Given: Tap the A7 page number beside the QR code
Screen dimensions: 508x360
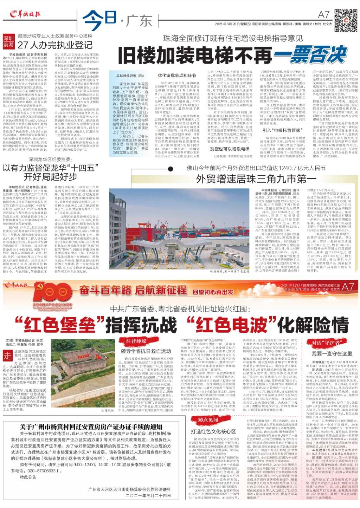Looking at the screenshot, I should (324, 14).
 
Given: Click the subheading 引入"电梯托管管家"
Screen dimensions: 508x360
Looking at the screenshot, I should (281, 130).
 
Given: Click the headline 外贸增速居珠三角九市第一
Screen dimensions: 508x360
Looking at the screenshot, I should (251, 179).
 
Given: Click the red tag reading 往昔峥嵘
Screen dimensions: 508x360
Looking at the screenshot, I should (136, 341).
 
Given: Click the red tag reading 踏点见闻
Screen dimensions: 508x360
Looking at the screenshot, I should (208, 419).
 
